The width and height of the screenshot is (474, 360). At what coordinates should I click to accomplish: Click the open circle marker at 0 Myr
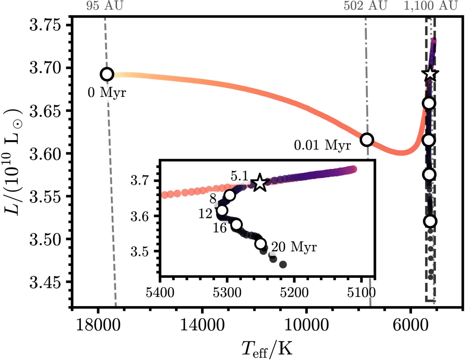[x=107, y=74]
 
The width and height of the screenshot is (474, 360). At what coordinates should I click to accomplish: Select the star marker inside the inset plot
[x=260, y=183]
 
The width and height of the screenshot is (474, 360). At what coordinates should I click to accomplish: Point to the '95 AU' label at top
[x=105, y=6]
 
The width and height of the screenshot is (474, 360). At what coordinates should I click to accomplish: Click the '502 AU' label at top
[x=366, y=6]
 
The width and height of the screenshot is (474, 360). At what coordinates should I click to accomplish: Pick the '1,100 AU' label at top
[x=431, y=6]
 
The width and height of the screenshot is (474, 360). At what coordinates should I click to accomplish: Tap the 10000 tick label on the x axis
[x=306, y=325]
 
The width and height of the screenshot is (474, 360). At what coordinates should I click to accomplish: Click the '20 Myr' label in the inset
[x=294, y=247]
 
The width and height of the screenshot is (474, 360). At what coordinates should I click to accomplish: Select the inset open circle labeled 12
[x=222, y=210]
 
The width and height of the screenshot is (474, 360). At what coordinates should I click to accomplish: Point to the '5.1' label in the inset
[x=239, y=177]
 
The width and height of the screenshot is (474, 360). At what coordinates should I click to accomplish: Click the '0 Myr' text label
[x=107, y=93]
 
